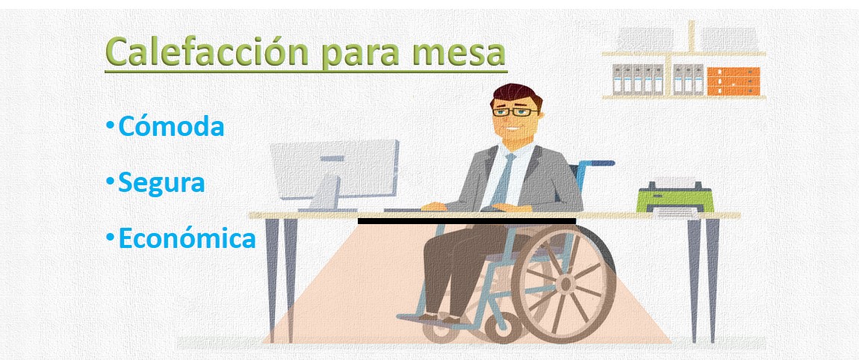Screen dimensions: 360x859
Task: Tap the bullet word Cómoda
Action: [x=171, y=126]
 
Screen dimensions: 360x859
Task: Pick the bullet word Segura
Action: [x=161, y=182]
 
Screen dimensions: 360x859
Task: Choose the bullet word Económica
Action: [x=187, y=238]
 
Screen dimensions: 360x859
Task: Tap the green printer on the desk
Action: [x=675, y=199]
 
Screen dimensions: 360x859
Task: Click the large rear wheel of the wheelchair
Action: [x=565, y=283]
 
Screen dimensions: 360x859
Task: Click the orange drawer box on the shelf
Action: [x=733, y=81]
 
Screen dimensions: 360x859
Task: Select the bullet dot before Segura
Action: [x=111, y=181]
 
